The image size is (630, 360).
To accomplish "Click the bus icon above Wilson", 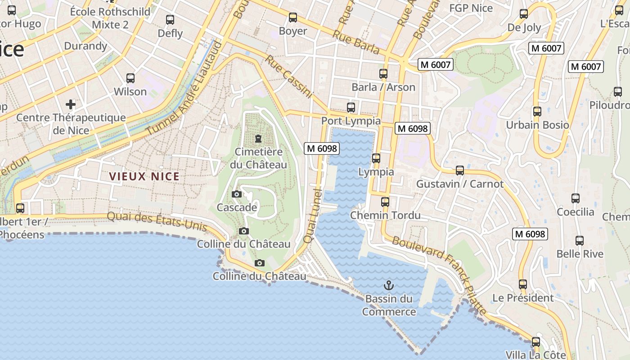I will pyautogui.click(x=130, y=78).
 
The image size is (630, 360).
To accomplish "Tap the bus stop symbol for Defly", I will pyautogui.click(x=170, y=20).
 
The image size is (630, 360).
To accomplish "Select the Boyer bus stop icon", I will pyautogui.click(x=293, y=18).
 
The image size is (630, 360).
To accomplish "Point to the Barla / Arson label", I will pyautogui.click(x=383, y=87).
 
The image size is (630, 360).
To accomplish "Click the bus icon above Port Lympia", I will pyautogui.click(x=351, y=108).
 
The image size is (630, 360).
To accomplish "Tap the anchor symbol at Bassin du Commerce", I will pyautogui.click(x=388, y=285).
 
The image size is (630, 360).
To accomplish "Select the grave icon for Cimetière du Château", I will pyautogui.click(x=258, y=139).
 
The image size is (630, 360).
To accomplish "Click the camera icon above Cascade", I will pyautogui.click(x=237, y=194).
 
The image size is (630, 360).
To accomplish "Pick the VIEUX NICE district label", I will pyautogui.click(x=144, y=177).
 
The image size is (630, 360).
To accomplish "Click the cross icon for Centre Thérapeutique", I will pyautogui.click(x=71, y=104).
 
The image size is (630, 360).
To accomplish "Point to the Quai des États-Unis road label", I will pyautogui.click(x=157, y=222).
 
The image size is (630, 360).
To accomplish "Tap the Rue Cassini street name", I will pyautogui.click(x=288, y=76).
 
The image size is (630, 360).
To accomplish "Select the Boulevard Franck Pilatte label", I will pyautogui.click(x=439, y=275).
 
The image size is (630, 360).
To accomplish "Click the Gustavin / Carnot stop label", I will pyautogui.click(x=460, y=184).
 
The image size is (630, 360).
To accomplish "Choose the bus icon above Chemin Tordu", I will pyautogui.click(x=385, y=202).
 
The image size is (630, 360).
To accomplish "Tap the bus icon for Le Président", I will pyautogui.click(x=523, y=284).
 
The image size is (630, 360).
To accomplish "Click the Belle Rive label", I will pyautogui.click(x=580, y=254).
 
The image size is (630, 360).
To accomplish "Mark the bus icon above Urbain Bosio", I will pyautogui.click(x=537, y=111).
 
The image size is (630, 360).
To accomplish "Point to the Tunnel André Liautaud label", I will pyautogui.click(x=184, y=88).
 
